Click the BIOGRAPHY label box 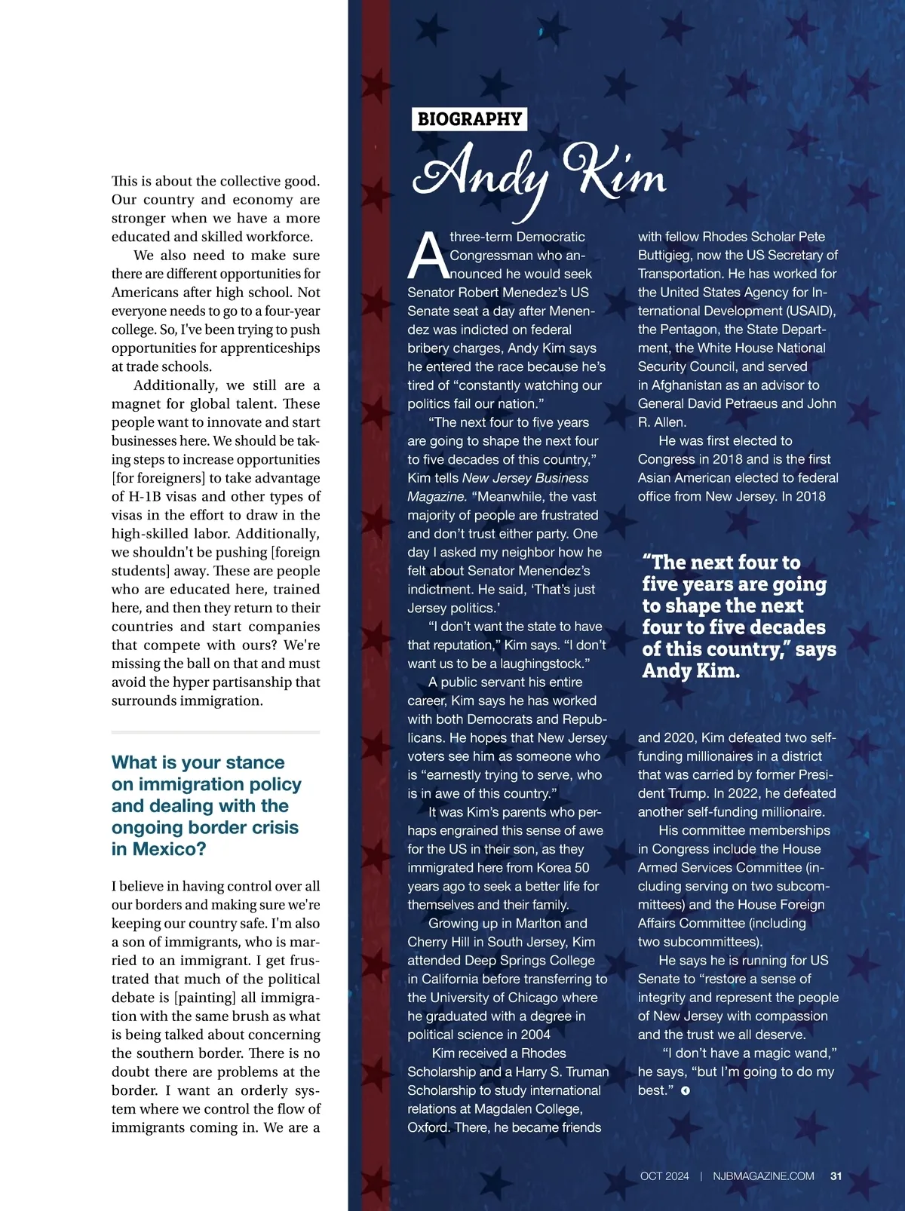(469, 119)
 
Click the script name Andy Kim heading (539, 173)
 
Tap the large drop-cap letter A (426, 255)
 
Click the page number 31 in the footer (836, 1176)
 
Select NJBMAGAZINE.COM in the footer (763, 1176)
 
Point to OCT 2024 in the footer (664, 1176)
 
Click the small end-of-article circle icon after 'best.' (685, 1091)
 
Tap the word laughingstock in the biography (538, 664)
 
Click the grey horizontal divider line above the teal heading (216, 732)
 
